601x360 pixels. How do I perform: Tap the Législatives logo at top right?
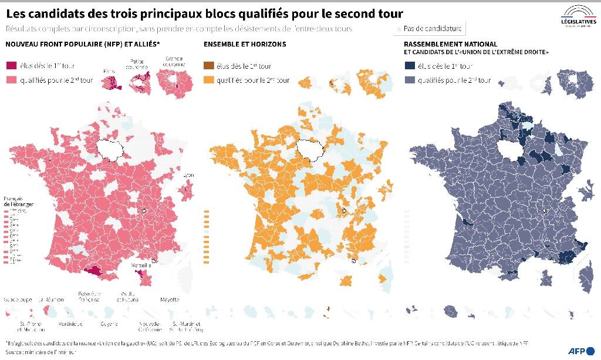click(x=578, y=16)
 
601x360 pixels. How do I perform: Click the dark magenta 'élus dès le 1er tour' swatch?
click(x=11, y=66)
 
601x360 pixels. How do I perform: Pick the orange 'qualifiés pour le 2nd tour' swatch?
click(x=209, y=80)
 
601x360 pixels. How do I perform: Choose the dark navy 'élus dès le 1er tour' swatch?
click(x=410, y=66)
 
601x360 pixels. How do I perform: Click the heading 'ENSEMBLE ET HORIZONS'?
click(x=245, y=44)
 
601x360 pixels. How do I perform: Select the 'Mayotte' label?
click(x=170, y=300)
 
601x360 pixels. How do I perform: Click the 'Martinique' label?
click(x=69, y=323)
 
